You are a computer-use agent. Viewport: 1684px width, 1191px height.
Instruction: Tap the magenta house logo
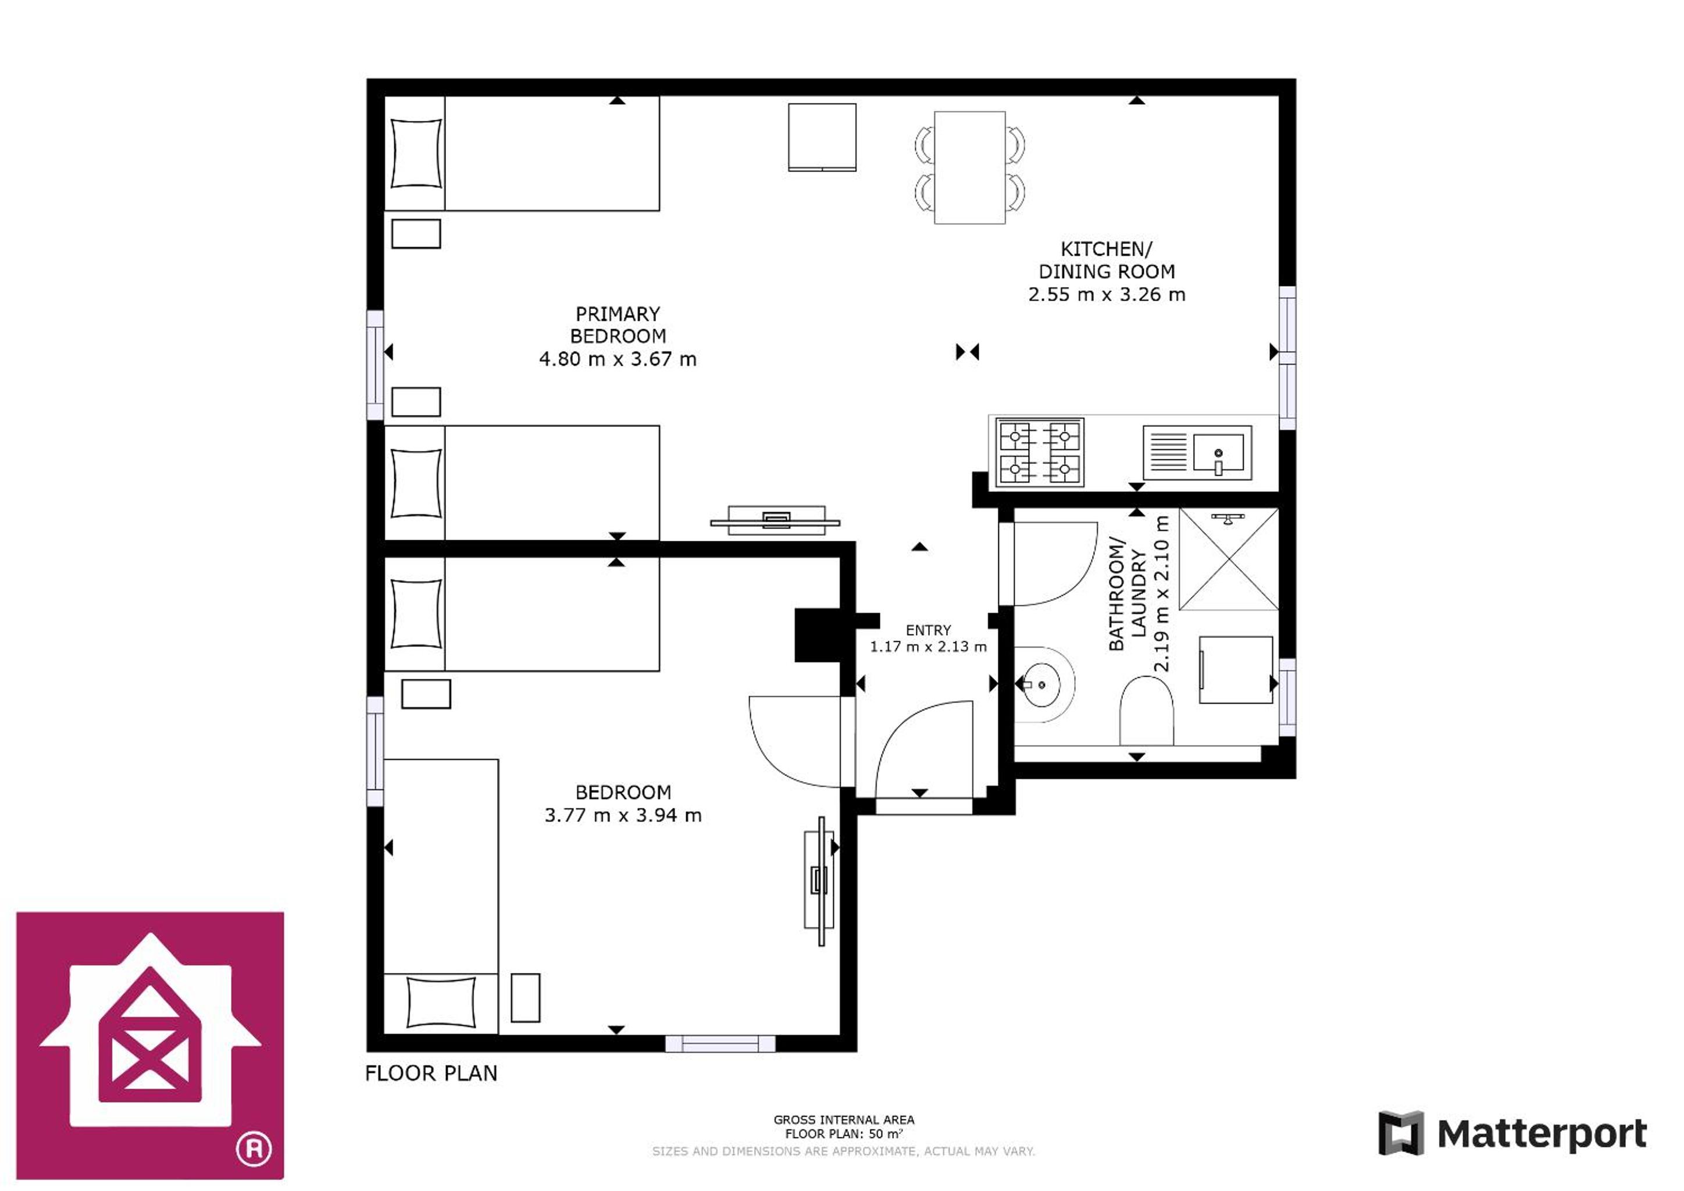click(x=151, y=1045)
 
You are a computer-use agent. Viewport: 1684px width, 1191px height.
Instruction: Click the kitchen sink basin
click(x=1218, y=452)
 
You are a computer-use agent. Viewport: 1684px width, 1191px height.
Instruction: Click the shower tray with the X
click(x=1229, y=559)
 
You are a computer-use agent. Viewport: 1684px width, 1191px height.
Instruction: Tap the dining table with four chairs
click(x=969, y=168)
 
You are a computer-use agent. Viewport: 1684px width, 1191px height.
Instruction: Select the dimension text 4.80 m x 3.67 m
click(x=618, y=359)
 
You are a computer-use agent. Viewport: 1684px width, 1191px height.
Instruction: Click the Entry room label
click(x=928, y=630)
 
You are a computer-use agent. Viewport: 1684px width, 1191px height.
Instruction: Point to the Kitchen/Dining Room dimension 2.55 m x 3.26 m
click(x=1106, y=295)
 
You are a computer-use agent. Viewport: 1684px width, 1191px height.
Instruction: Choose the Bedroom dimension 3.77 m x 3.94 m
click(x=623, y=815)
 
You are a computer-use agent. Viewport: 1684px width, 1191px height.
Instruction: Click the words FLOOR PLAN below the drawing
click(x=431, y=1073)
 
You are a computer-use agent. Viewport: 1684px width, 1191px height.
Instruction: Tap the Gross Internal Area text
click(x=844, y=1120)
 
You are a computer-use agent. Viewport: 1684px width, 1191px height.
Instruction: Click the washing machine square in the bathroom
click(x=1236, y=669)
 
